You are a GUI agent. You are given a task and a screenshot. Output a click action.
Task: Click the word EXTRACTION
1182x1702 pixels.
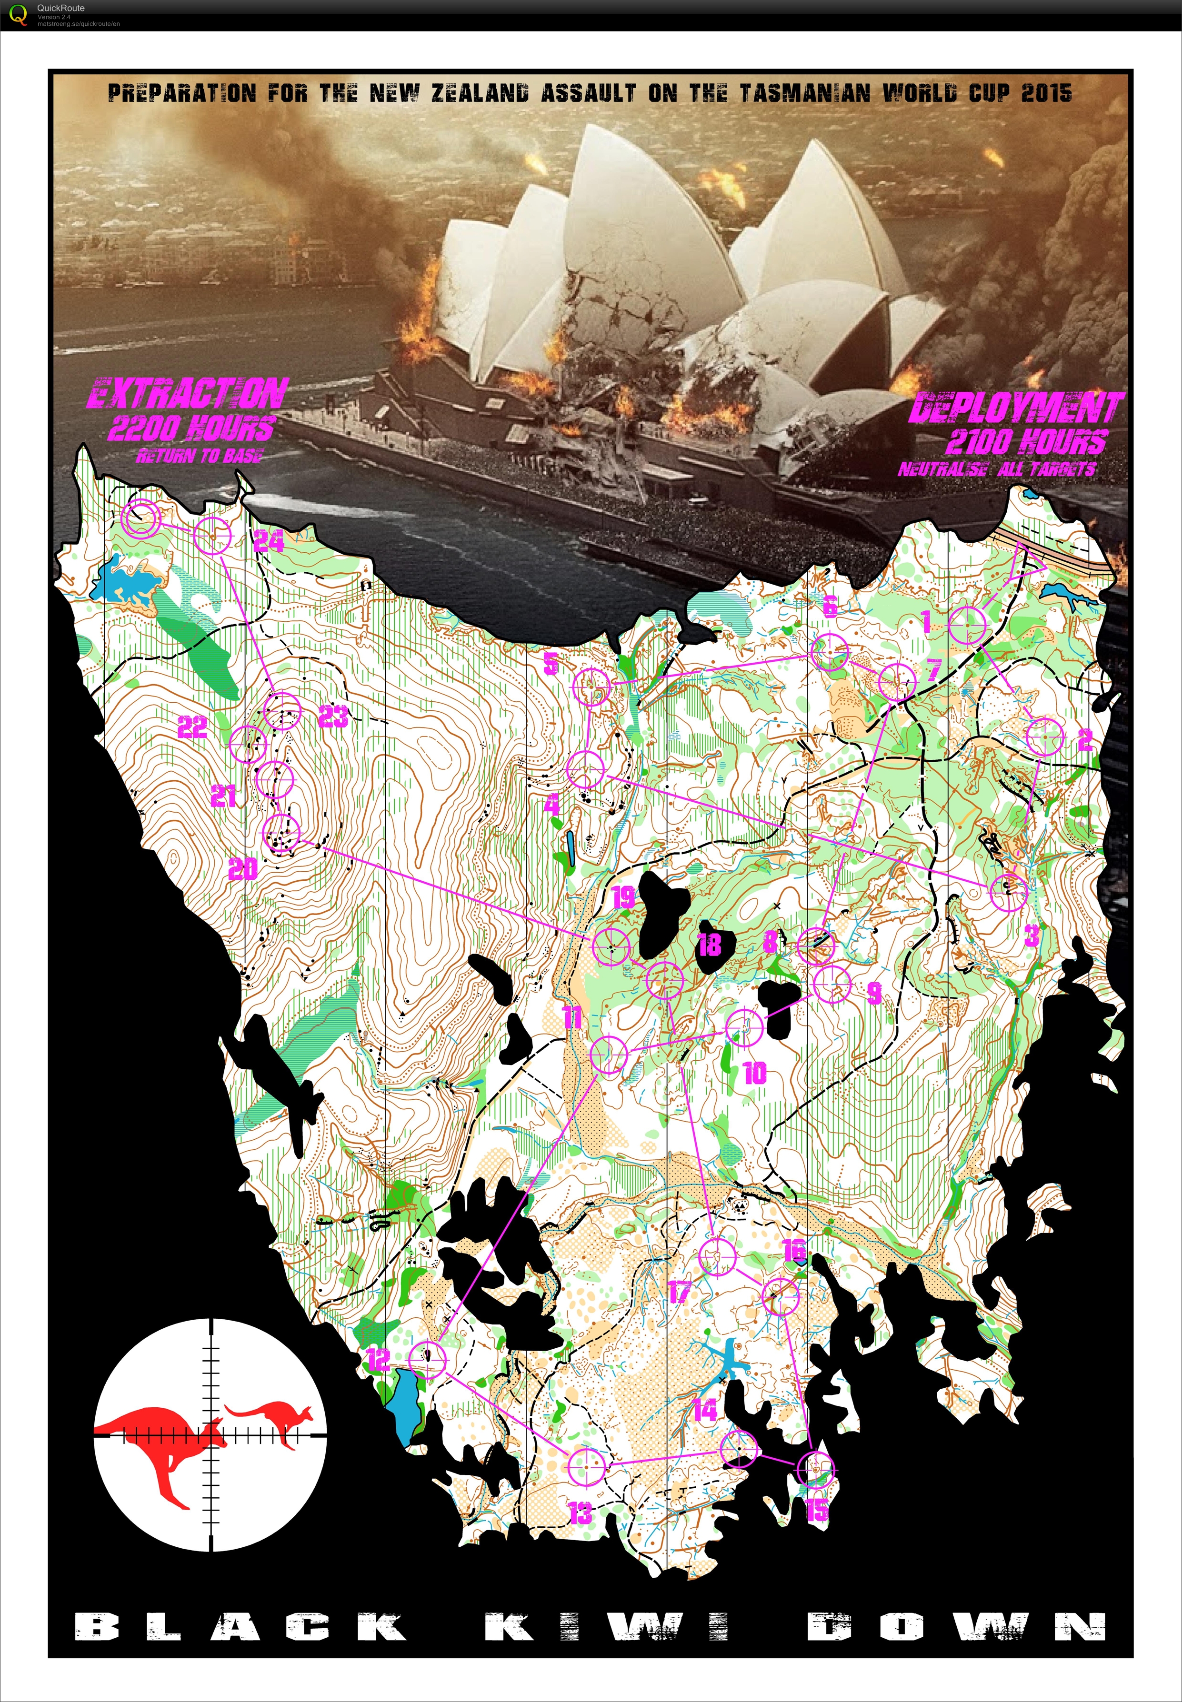187,393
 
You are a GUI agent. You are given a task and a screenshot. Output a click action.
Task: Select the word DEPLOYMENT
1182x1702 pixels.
1016,407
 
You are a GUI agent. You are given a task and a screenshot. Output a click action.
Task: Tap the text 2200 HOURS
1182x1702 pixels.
191,428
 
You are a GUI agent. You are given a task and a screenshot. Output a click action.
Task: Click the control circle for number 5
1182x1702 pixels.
592,687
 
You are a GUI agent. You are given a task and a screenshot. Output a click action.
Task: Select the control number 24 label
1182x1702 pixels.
268,541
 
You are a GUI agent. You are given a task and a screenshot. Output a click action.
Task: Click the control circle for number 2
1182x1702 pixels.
1045,738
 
